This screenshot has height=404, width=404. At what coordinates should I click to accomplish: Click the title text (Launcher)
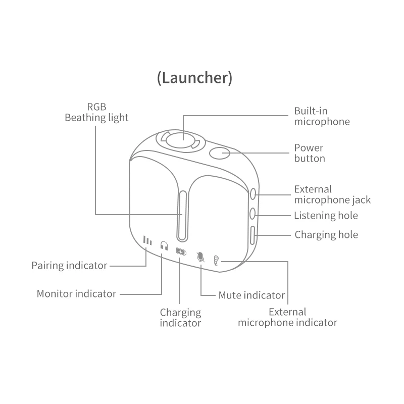(x=194, y=78)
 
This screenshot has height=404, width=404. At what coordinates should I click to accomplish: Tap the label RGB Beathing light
(x=96, y=112)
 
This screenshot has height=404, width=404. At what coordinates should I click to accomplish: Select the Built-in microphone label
(x=322, y=116)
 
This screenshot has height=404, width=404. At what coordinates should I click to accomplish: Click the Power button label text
(x=309, y=153)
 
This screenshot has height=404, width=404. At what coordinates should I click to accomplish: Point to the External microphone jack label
(x=332, y=194)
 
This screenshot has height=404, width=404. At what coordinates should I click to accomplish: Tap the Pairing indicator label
(x=69, y=265)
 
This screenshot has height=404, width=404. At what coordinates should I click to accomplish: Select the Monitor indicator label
(x=76, y=293)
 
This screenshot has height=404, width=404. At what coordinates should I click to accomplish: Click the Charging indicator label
(x=180, y=318)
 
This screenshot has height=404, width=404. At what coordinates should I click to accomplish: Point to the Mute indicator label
(x=251, y=295)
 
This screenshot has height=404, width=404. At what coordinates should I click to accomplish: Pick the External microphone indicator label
(x=287, y=317)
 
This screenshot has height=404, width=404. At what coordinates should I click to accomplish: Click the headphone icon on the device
(x=164, y=246)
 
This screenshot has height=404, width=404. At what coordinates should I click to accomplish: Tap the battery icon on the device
(x=180, y=251)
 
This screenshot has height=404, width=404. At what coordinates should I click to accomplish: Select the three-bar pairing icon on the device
(x=147, y=240)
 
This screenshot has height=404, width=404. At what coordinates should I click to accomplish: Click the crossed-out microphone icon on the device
(x=200, y=257)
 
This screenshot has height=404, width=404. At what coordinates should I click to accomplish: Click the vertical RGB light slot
(x=182, y=215)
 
